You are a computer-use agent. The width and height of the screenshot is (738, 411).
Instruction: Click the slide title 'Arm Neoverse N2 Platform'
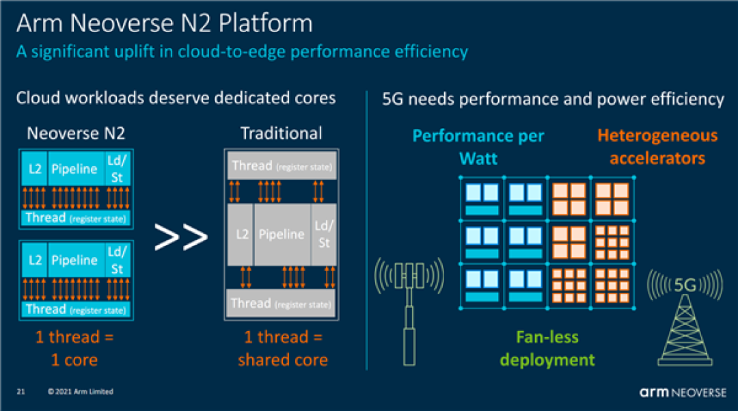point(164,23)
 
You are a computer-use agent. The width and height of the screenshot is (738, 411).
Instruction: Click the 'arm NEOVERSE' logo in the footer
point(683,393)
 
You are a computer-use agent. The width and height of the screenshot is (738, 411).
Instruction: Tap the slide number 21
point(20,392)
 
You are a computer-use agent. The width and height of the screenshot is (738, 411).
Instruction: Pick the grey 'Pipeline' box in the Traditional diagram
point(281,235)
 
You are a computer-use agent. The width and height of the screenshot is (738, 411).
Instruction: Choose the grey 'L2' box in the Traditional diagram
point(242,235)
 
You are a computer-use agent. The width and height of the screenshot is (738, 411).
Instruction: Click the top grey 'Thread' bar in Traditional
point(282,166)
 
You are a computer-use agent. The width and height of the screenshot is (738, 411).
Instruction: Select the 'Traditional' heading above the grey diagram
point(281,132)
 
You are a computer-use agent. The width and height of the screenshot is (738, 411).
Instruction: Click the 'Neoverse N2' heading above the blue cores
point(75,133)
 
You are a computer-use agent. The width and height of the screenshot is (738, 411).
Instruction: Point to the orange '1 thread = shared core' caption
point(282,349)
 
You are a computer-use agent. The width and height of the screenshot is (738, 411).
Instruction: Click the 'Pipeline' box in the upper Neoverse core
point(74,168)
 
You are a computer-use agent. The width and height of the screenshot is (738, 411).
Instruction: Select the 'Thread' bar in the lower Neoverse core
point(75,310)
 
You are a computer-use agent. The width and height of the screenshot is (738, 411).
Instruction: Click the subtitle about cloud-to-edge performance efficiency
point(242,52)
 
